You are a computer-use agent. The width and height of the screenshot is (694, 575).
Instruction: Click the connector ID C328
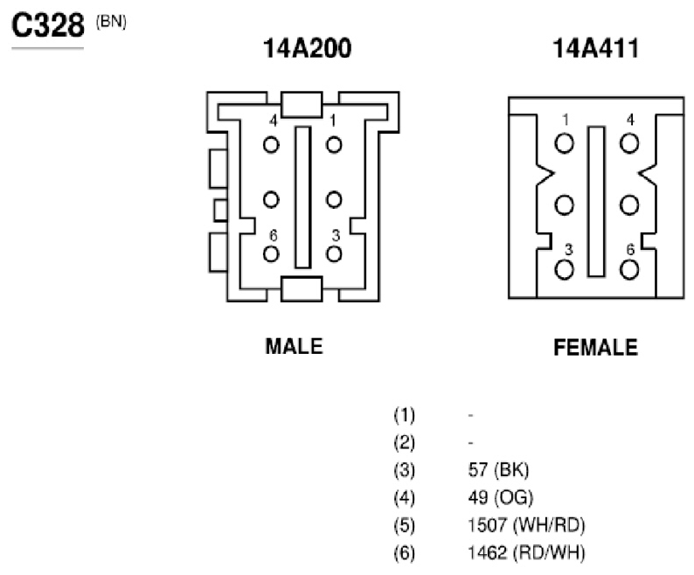[48, 24]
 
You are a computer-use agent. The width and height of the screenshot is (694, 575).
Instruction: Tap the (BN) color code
[111, 22]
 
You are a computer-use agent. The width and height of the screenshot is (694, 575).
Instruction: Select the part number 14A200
[307, 48]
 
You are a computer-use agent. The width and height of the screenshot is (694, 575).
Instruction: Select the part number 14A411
[596, 48]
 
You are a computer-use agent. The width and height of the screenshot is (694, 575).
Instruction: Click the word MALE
[294, 346]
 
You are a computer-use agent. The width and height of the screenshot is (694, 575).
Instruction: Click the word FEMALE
[596, 348]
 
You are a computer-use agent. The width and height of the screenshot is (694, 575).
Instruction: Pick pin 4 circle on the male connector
[271, 145]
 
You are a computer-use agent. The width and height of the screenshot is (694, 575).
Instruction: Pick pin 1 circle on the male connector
[334, 145]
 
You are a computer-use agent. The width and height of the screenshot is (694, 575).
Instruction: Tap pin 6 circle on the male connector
[271, 254]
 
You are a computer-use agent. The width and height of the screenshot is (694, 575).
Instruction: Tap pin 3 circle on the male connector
[334, 254]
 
